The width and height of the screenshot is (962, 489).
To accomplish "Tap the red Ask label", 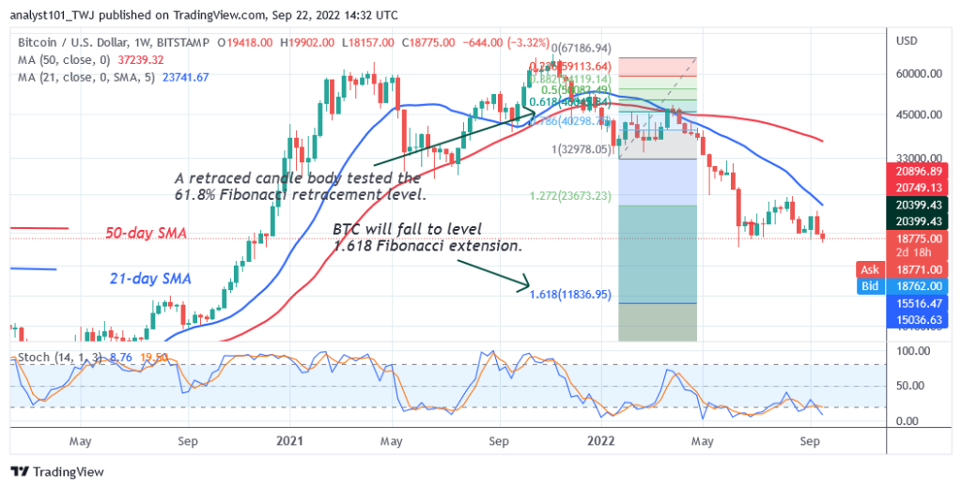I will pyautogui.click(x=870, y=268).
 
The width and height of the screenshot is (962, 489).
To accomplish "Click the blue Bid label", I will pyautogui.click(x=870, y=284).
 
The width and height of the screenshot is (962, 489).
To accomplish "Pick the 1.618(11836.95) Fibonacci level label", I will pyautogui.click(x=570, y=294).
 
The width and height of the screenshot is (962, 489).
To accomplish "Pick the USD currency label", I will pyautogui.click(x=908, y=40).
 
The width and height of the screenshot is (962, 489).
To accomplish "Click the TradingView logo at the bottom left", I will pyautogui.click(x=57, y=472).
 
